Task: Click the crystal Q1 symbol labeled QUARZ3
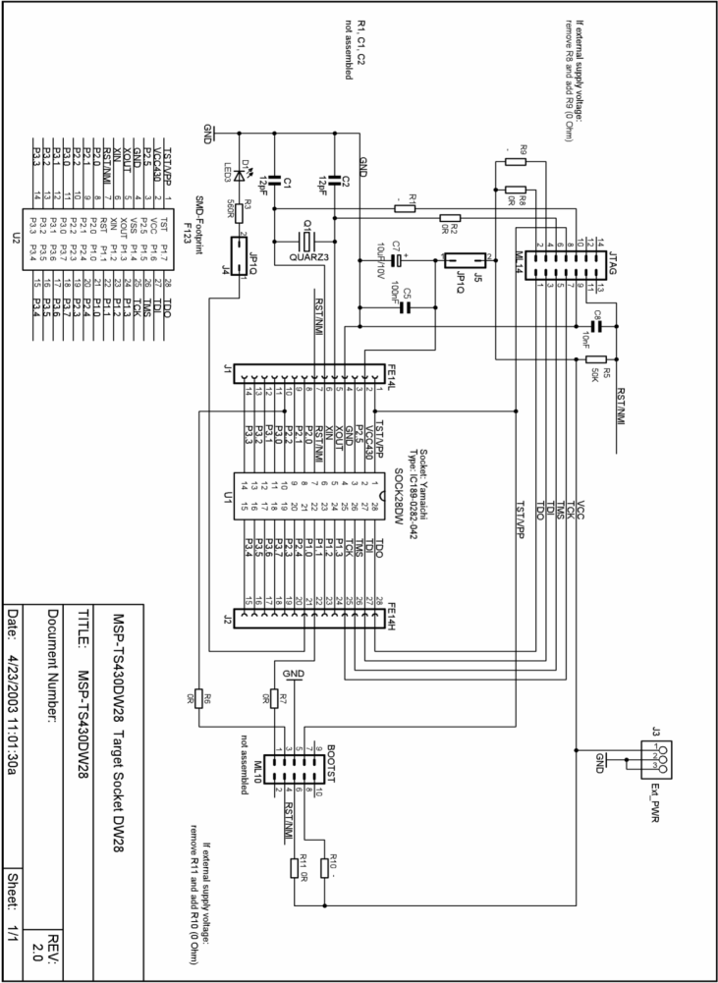pyautogui.click(x=307, y=240)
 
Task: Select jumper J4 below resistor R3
pyautogui.click(x=242, y=254)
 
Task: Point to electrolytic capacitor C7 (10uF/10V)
pyautogui.click(x=399, y=261)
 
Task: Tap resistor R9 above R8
pyautogui.click(x=516, y=163)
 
